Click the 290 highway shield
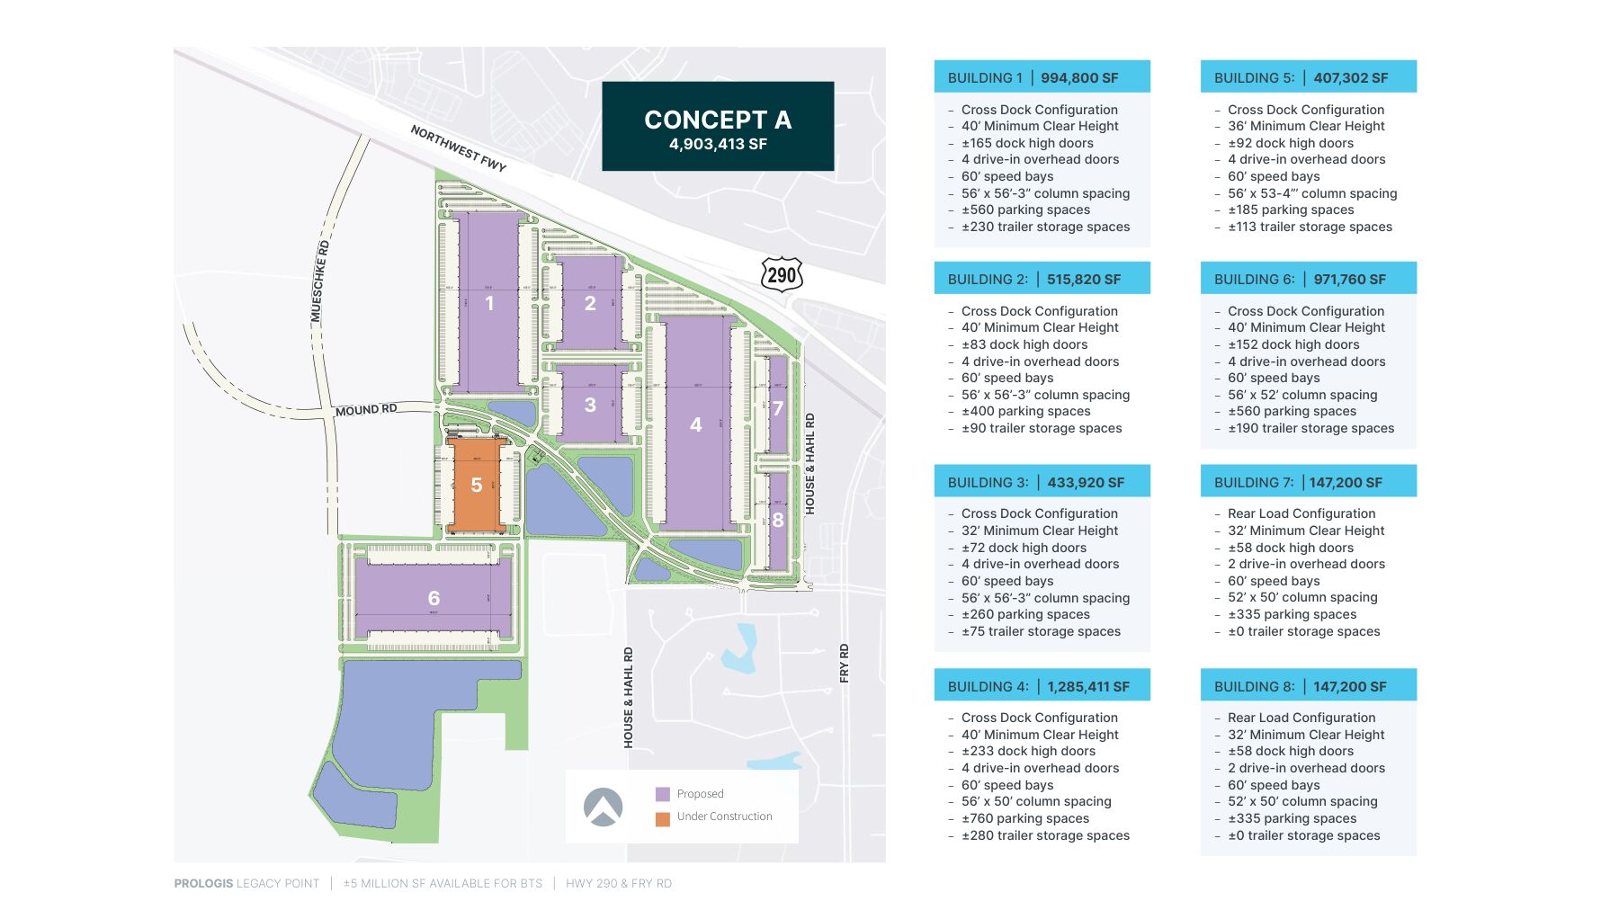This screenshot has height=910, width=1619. [782, 275]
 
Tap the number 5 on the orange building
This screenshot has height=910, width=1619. [477, 486]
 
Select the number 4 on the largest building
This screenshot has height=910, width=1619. [695, 424]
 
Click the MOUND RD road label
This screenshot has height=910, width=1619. [366, 410]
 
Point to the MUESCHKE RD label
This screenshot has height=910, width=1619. [319, 281]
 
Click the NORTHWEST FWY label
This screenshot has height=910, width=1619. [459, 148]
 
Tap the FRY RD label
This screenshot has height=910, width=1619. [844, 663]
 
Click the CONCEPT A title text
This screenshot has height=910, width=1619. [718, 120]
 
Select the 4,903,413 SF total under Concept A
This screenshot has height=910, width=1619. [718, 144]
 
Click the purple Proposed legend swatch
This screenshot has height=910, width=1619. [663, 794]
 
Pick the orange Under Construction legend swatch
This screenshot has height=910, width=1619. [663, 818]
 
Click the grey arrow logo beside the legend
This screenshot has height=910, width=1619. [603, 807]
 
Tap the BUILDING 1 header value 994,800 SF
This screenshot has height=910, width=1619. [1079, 78]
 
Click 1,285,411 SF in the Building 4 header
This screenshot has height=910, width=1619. [1088, 687]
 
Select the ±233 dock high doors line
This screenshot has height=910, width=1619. [1028, 751]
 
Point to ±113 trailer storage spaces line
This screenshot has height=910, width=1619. [1310, 227]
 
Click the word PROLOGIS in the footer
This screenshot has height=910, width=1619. [203, 884]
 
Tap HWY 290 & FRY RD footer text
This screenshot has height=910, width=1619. [619, 884]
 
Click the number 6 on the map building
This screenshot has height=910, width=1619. [434, 598]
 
